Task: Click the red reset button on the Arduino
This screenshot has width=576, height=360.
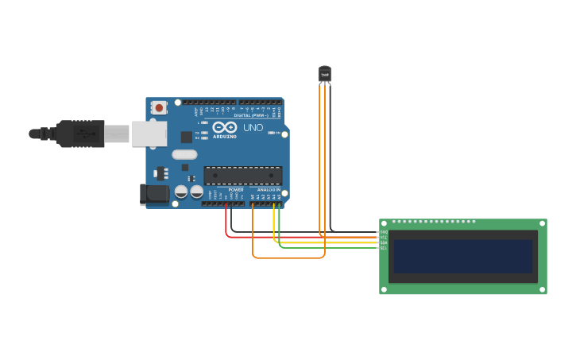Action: click(x=160, y=107)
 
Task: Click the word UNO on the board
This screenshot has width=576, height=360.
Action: click(x=253, y=128)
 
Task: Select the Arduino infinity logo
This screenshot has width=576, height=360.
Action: click(x=225, y=127)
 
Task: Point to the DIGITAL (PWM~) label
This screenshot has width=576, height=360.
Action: click(x=251, y=116)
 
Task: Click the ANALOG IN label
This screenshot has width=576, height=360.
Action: click(x=269, y=190)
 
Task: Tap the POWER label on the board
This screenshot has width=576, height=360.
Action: click(x=236, y=190)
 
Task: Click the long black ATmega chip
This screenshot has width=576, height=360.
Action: click(x=242, y=176)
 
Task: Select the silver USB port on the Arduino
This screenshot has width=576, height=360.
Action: click(x=149, y=134)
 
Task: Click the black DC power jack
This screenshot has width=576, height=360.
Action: click(x=154, y=194)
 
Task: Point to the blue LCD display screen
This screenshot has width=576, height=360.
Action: click(x=462, y=257)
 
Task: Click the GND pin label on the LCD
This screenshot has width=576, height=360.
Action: click(x=384, y=232)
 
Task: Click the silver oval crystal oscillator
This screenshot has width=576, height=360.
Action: click(x=184, y=155)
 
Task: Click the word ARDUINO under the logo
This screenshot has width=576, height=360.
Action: click(x=225, y=137)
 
